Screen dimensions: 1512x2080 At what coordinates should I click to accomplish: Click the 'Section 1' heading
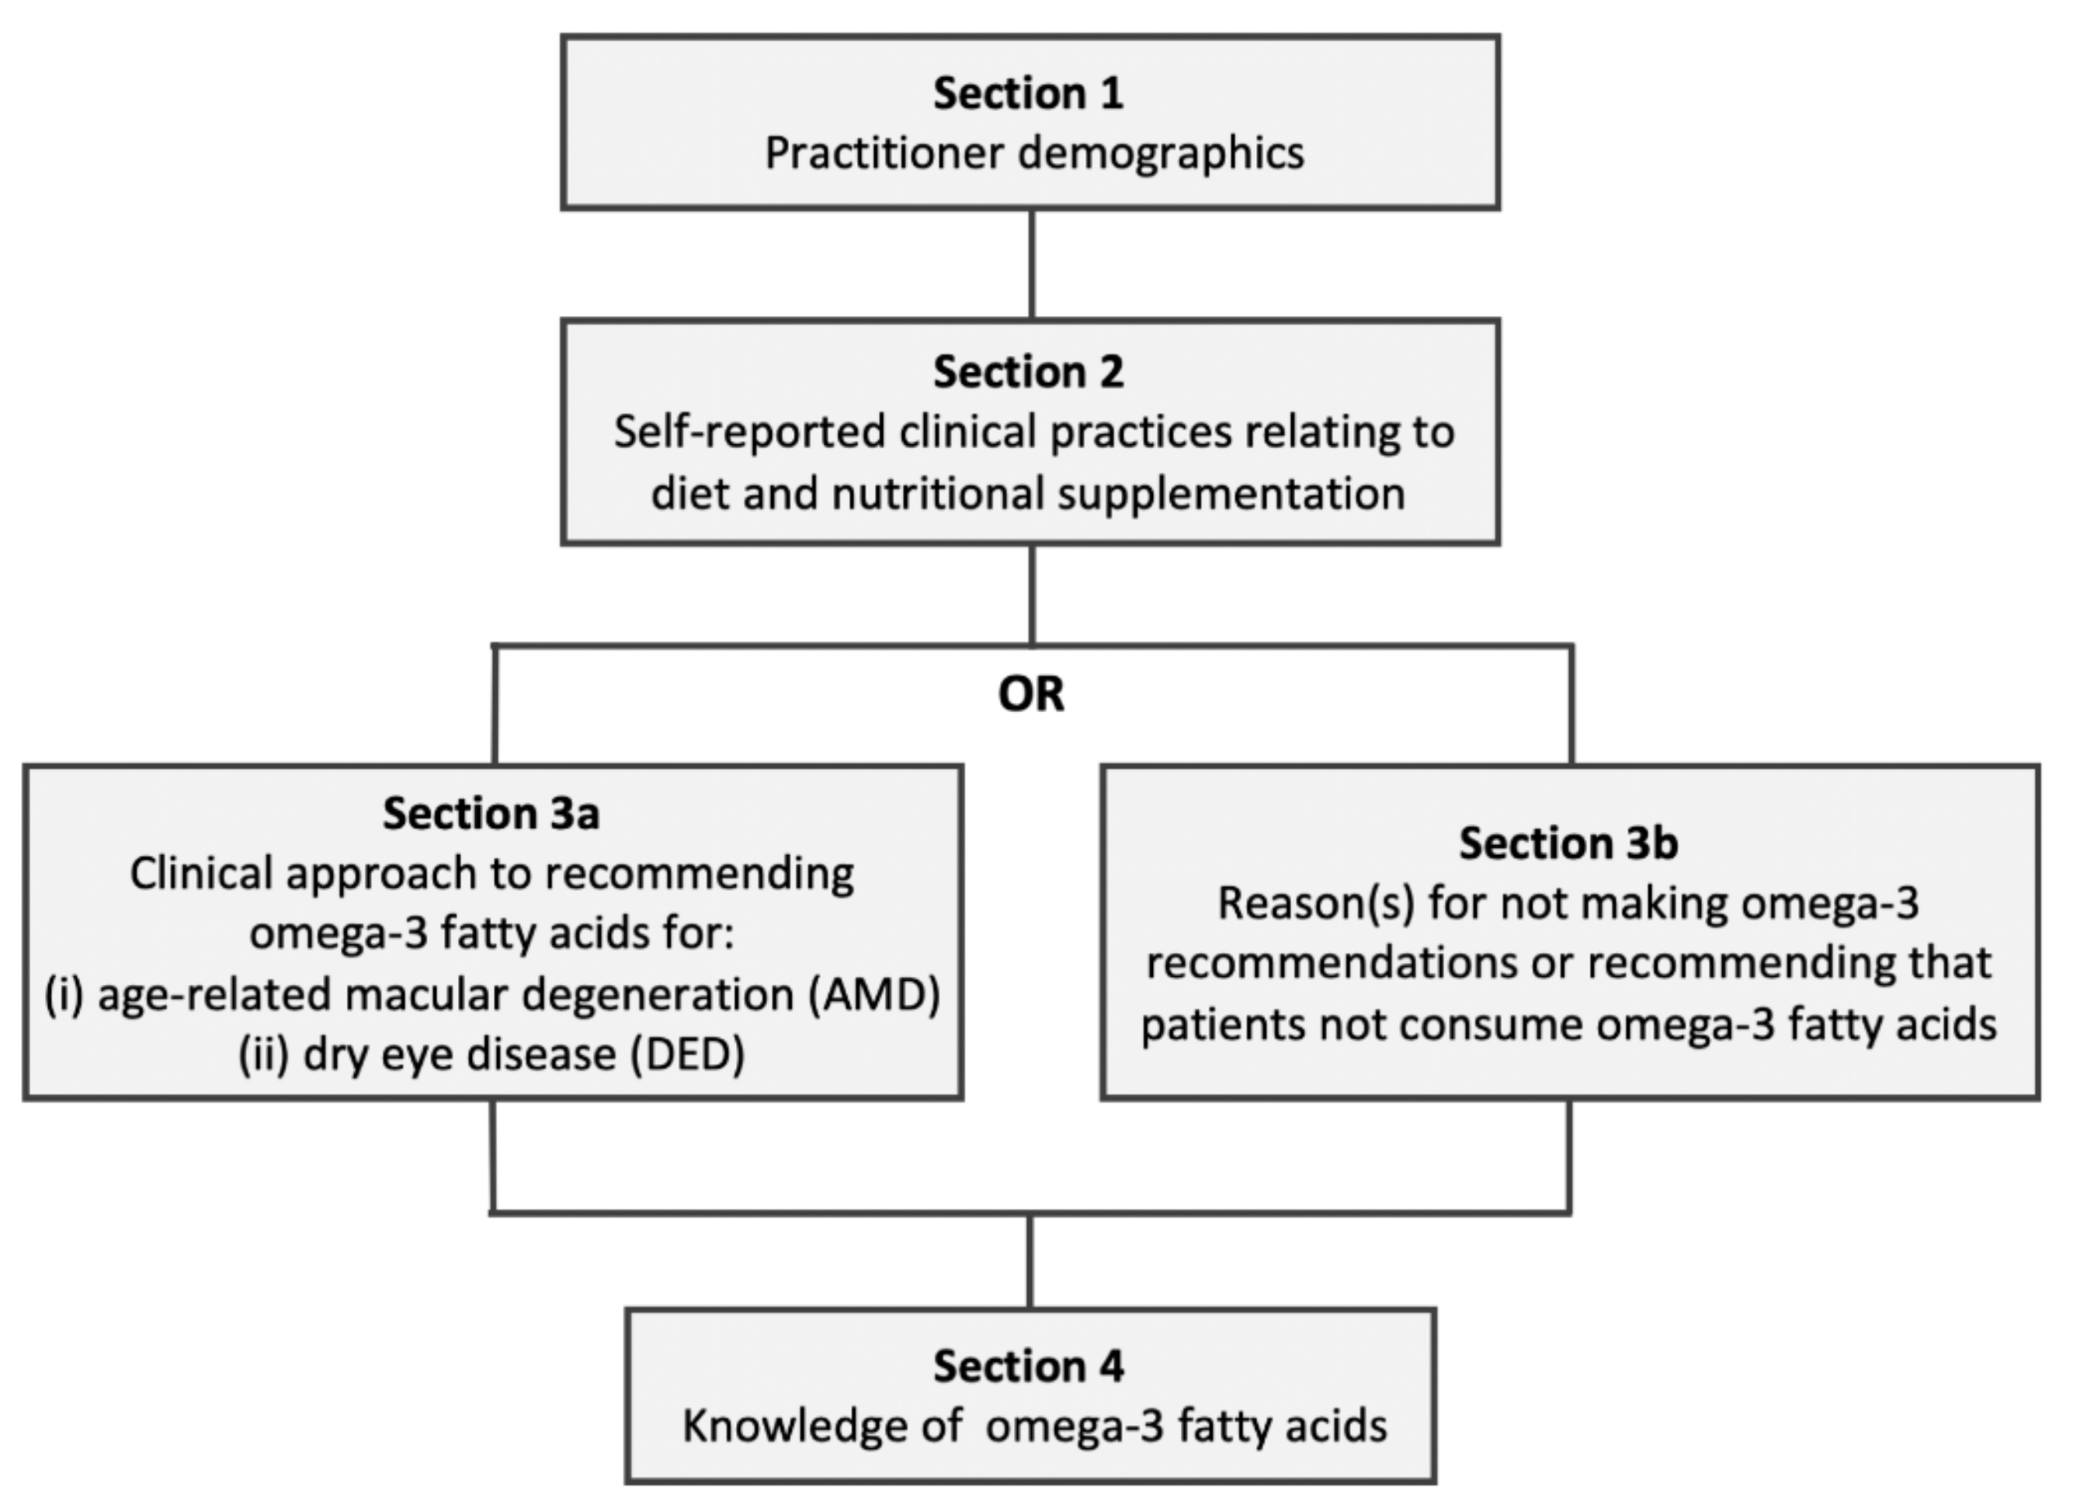1028,94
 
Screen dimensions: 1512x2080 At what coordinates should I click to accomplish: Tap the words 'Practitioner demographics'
1033,153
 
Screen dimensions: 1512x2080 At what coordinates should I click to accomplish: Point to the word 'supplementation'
1231,494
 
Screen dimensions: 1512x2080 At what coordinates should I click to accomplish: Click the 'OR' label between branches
1031,694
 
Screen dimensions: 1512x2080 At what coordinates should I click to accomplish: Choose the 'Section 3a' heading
491,814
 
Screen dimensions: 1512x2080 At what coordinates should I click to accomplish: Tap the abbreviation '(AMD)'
875,995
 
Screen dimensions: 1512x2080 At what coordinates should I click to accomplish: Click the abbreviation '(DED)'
687,1054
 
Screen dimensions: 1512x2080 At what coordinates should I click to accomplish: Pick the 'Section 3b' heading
1568,843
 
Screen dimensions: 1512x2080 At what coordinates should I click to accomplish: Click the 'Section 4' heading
1028,1366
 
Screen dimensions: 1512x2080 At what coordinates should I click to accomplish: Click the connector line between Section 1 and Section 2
1032,264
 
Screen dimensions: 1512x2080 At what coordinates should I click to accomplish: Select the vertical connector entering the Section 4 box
1030,1261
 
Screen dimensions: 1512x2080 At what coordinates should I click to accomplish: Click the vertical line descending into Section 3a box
495,704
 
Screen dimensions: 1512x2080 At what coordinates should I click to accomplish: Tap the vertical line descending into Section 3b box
1572,704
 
